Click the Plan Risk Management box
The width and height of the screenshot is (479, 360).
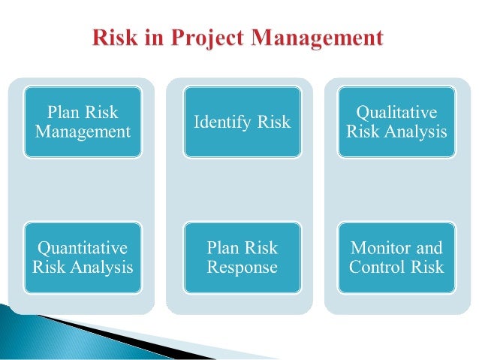(x=83, y=122)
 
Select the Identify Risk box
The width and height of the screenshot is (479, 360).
(x=242, y=122)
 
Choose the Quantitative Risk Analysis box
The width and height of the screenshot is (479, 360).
(x=83, y=257)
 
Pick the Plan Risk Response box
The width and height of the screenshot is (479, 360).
(x=242, y=257)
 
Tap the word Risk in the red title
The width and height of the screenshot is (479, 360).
(x=115, y=38)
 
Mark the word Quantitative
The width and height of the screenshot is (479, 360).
(x=83, y=248)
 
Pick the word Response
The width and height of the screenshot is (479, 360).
(x=242, y=267)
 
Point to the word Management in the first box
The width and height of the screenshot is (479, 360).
(x=83, y=132)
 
